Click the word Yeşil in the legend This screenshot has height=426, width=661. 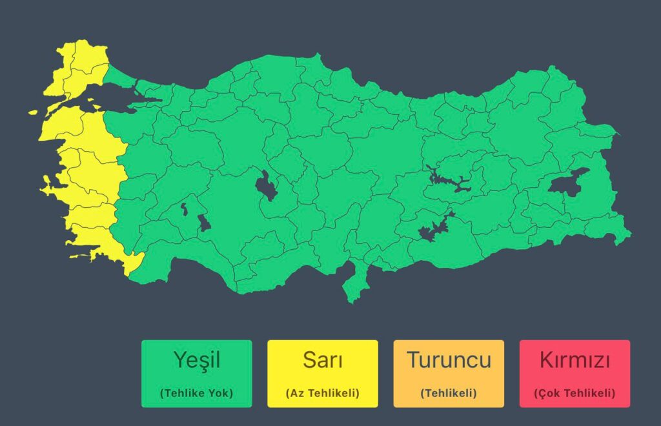(x=196, y=360)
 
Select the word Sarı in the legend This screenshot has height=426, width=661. (x=322, y=360)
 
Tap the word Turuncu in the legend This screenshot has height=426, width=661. (x=449, y=360)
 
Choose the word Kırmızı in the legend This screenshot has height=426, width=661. (x=575, y=360)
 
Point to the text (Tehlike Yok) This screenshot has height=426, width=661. (x=196, y=392)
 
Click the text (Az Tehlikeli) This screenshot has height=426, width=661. (x=322, y=392)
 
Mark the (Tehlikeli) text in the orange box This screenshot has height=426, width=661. (x=449, y=392)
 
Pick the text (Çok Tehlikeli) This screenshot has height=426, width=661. (x=575, y=392)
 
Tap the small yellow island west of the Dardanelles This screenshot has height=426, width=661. (x=34, y=112)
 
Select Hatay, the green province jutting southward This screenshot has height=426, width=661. (x=354, y=284)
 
